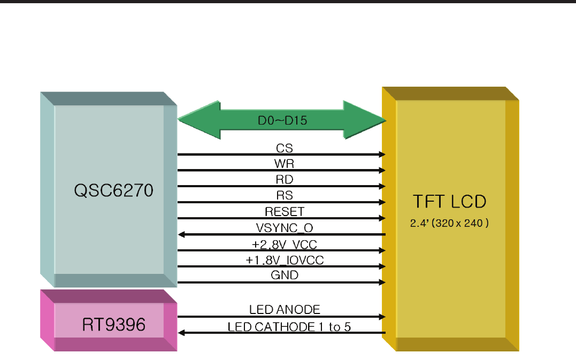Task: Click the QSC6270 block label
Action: [114, 190]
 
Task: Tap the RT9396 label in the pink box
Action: [114, 325]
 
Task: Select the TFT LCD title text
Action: [450, 201]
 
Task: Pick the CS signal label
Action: [284, 147]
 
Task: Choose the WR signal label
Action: [284, 163]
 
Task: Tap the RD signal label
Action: [284, 179]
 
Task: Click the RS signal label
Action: [284, 195]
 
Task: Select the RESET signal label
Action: [284, 211]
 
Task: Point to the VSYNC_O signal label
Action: [284, 228]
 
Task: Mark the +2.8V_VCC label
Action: [284, 244]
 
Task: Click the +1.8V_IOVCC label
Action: [284, 260]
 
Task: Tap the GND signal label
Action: [284, 275]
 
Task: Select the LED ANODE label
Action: [285, 309]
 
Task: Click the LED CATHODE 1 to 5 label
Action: [289, 326]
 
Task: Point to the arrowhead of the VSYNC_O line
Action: [182, 234]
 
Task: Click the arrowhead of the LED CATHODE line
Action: [182, 333]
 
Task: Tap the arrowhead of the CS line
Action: [382, 154]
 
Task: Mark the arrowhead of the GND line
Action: [382, 282]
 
